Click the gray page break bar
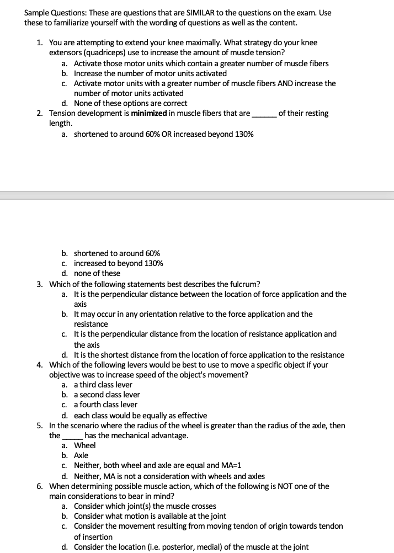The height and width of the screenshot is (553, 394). pyautogui.click(x=197, y=195)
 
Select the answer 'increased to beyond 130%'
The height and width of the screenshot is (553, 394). pyautogui.click(x=118, y=263)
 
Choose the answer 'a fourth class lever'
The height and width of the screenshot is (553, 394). pyautogui.click(x=105, y=405)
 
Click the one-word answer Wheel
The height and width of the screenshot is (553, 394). pyautogui.click(x=84, y=445)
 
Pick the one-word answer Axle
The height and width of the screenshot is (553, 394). pyautogui.click(x=81, y=455)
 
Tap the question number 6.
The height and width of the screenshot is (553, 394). pyautogui.click(x=40, y=486)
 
